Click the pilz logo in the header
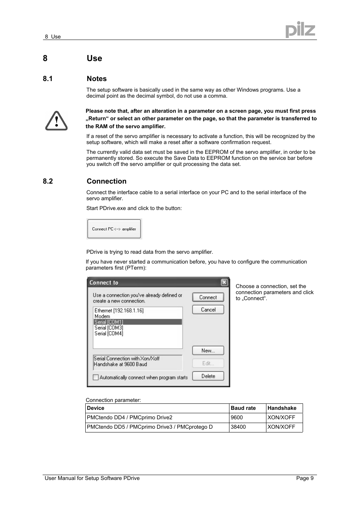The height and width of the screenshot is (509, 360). pos(300,30)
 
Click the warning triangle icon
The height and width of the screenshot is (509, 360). pos(56,121)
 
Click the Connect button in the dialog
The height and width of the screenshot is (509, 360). pos(208,297)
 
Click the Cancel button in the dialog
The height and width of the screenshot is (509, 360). pos(208,310)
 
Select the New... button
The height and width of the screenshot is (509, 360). pos(208,351)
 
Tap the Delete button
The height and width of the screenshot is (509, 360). pos(208,376)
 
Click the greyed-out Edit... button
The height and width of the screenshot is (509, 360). pos(208,363)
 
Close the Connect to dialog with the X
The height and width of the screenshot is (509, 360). pos(224,282)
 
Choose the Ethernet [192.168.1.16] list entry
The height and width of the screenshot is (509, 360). pos(119,311)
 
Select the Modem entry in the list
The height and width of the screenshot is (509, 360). pos(102,316)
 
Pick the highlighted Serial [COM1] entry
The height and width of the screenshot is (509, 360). pos(109,322)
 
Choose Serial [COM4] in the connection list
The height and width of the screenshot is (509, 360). pos(109,333)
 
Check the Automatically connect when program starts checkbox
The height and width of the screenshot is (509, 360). pos(96,377)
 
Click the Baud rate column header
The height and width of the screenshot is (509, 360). pos(243,408)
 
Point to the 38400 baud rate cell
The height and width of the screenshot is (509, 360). pos(238,427)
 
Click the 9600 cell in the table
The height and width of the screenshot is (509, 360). pos(237,417)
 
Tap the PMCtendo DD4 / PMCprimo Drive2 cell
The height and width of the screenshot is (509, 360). pos(129,417)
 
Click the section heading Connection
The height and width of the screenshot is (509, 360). pos(106,181)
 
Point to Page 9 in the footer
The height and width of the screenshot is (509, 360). pos(305,478)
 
